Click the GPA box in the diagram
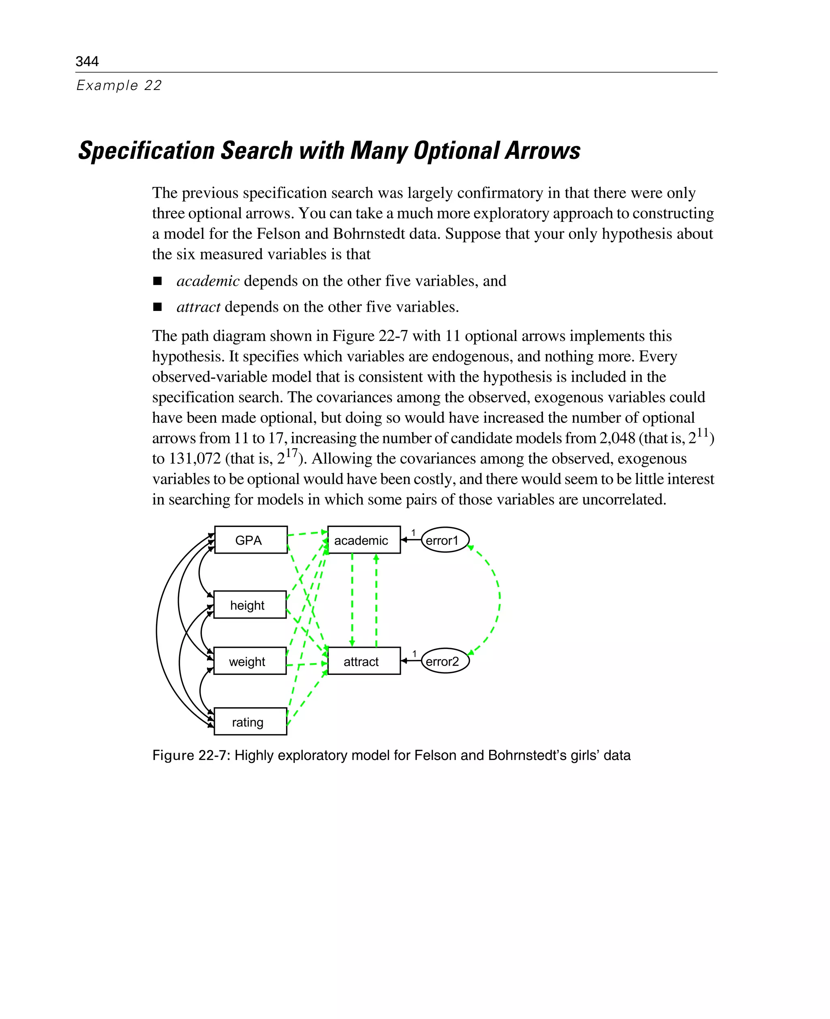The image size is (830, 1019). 250,540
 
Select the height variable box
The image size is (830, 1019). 250,605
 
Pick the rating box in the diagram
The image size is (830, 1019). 250,721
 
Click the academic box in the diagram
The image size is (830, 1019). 364,540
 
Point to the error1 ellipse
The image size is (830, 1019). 445,540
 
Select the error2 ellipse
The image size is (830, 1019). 445,661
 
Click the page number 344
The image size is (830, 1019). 87,61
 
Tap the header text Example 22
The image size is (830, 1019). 119,85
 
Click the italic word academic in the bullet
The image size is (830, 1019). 208,281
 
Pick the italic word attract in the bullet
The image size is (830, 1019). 199,306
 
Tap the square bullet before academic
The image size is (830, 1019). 157,281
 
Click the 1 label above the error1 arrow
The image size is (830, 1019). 413,533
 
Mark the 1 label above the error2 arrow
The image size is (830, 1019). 415,654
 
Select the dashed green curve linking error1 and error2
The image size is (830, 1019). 499,598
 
